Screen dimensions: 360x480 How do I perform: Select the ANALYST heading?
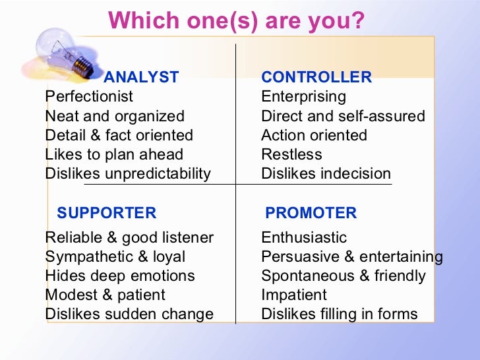141,77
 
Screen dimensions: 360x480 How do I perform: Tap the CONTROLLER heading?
316,77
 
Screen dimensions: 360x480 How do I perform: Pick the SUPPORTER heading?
107,213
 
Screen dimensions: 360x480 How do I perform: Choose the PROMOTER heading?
311,213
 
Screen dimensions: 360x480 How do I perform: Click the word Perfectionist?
89,96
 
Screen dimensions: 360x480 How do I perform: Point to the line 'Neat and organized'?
115,116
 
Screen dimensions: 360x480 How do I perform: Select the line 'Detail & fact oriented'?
119,135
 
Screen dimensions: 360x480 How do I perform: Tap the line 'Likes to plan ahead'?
114,154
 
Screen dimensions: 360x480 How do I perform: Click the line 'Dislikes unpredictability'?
128,174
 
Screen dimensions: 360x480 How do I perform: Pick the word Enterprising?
303,96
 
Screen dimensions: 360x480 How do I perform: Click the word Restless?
291,154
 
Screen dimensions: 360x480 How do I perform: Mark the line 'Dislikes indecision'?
326,174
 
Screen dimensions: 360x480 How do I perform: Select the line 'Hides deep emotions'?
120,276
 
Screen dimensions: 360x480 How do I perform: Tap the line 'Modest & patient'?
105,295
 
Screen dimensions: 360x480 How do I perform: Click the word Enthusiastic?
304,237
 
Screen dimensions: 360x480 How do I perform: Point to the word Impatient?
294,295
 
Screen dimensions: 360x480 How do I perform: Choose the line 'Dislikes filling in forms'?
340,314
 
